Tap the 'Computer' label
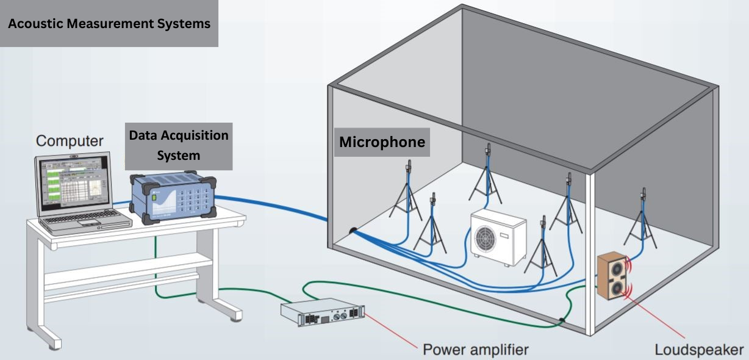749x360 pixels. click(x=70, y=140)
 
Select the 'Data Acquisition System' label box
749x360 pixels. click(x=178, y=145)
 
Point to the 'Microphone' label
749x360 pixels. click(x=382, y=142)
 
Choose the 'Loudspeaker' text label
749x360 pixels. click(x=699, y=350)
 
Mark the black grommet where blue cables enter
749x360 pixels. click(x=353, y=231)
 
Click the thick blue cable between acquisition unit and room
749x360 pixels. click(x=274, y=204)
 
